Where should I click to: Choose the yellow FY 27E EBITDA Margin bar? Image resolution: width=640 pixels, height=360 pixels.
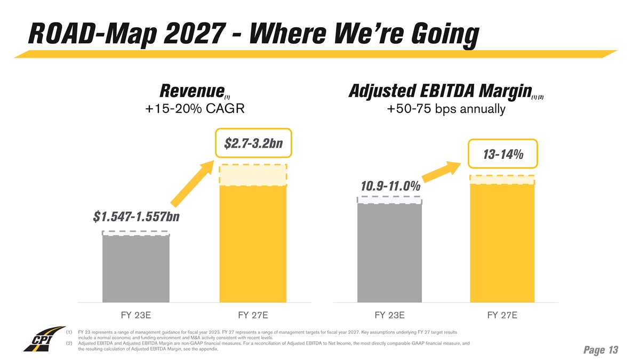coord(502,243)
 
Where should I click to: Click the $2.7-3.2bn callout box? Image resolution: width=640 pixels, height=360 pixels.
coord(253,143)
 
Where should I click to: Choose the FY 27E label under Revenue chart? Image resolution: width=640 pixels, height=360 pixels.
coord(253,315)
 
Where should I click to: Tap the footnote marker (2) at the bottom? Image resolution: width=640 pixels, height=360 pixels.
coord(69,343)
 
